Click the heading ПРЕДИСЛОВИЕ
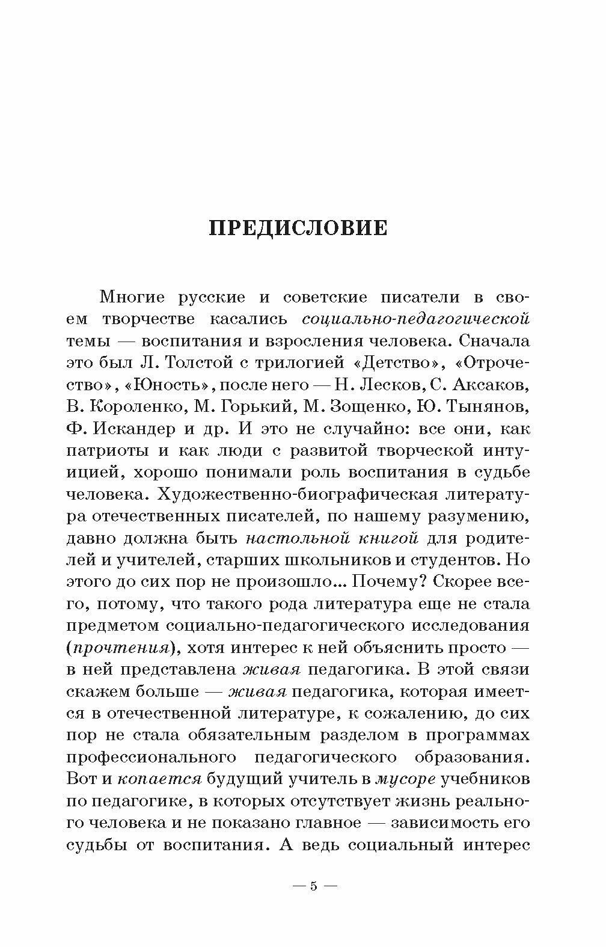(x=298, y=229)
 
